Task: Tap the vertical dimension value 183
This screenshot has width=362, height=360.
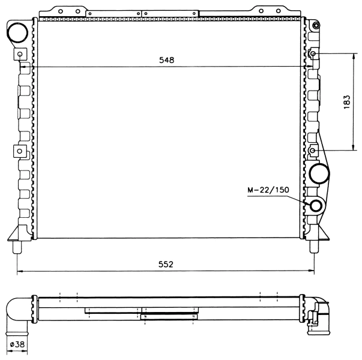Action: (x=347, y=101)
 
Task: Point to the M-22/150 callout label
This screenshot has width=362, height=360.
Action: (x=268, y=190)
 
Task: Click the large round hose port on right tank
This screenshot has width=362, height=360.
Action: (x=319, y=174)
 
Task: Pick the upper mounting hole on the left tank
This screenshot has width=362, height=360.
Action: (x=20, y=54)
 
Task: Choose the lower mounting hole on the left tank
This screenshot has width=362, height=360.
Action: (x=20, y=150)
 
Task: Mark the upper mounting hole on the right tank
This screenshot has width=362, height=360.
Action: (x=313, y=54)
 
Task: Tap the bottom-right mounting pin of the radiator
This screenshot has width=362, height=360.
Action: (x=314, y=246)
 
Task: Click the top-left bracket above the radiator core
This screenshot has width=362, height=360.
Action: (x=63, y=11)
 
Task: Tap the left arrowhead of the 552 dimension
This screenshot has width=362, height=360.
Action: (x=19, y=271)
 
